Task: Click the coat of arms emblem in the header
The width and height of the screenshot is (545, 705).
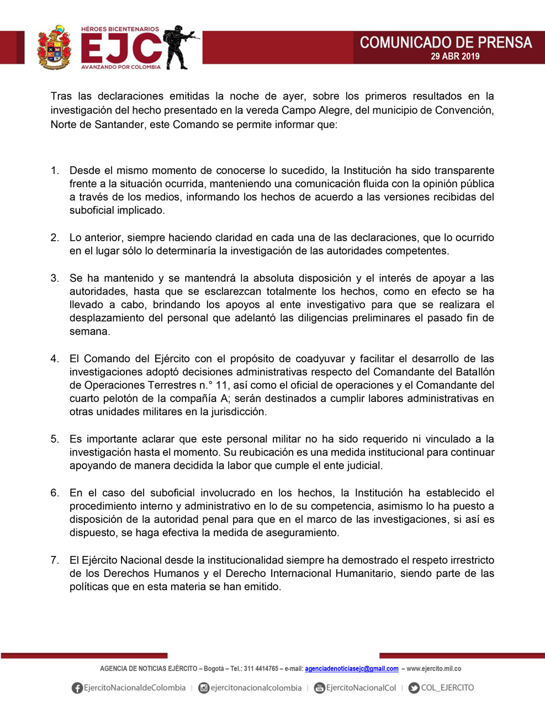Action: pos(54,47)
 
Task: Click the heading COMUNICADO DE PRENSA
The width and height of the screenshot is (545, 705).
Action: pos(446,43)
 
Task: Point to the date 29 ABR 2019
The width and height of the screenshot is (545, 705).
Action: pos(455,56)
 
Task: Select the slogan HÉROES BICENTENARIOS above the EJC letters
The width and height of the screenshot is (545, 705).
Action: pos(120,29)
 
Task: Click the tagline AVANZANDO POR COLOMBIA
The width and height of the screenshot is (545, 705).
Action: pos(121,67)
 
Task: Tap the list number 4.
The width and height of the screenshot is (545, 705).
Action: pos(55,359)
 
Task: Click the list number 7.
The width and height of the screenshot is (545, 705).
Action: pos(55,560)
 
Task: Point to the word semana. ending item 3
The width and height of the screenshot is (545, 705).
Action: pos(89,332)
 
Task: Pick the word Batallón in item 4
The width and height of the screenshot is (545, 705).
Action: pos(473,372)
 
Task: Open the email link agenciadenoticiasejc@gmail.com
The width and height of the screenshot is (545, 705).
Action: pos(352,669)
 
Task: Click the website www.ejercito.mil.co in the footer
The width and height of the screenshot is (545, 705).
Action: pos(434,669)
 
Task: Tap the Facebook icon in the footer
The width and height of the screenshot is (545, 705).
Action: pos(77,688)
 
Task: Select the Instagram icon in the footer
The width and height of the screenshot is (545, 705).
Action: pos(204,688)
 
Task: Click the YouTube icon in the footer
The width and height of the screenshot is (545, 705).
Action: pos(319,688)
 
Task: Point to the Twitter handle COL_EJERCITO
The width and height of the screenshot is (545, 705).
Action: pos(447,688)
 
